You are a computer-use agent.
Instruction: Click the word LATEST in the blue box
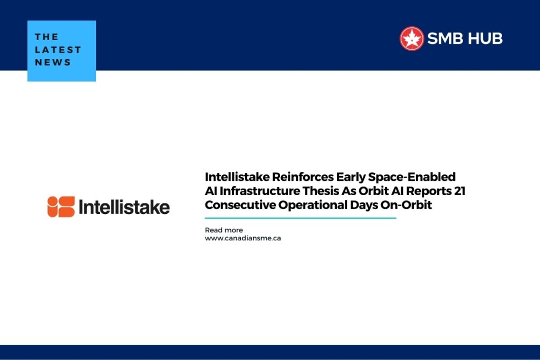tap(58, 50)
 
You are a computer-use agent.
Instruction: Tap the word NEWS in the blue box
tap(53, 62)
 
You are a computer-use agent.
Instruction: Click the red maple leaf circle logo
tap(412, 38)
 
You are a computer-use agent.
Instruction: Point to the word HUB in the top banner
tap(484, 38)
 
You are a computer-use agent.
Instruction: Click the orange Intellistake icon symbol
tap(61, 207)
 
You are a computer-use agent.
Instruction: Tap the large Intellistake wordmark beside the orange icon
tap(124, 207)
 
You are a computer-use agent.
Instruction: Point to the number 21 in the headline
tap(459, 191)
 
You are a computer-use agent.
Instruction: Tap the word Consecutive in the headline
tap(237, 205)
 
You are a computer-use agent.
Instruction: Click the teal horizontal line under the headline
tap(300, 218)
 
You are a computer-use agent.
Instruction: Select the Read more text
tap(224, 230)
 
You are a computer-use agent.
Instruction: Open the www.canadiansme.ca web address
tap(243, 238)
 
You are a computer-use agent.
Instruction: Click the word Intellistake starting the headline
tap(237, 177)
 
